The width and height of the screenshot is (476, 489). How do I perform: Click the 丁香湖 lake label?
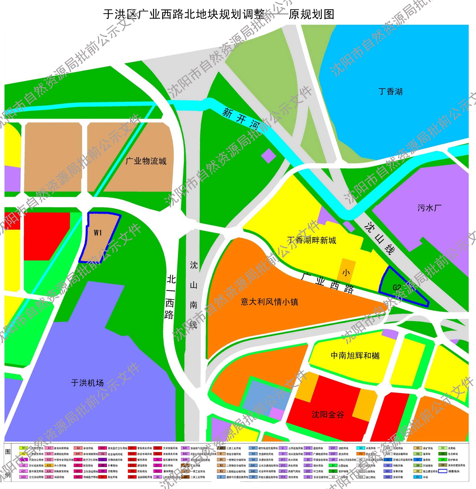[x=390, y=92]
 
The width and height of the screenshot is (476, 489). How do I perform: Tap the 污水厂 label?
[x=429, y=208]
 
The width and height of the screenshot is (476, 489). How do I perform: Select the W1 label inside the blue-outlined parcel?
[x=98, y=233]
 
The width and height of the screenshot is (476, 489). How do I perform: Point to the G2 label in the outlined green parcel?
[x=397, y=288]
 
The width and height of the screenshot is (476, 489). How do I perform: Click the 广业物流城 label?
[x=146, y=161]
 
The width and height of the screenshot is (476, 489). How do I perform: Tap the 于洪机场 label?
[x=87, y=383]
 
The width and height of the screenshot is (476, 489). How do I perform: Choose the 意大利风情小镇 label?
[x=269, y=302]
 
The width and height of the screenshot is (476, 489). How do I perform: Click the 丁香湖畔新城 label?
[x=312, y=240]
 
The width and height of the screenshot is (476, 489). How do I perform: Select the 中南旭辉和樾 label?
[x=355, y=355]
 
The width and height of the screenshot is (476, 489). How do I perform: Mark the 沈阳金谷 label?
[x=328, y=414]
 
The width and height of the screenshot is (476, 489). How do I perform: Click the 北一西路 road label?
[x=170, y=297]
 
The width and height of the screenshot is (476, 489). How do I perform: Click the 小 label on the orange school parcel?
[x=346, y=272]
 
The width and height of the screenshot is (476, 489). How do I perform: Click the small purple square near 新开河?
[x=269, y=156]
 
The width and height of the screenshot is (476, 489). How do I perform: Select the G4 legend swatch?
[x=361, y=448]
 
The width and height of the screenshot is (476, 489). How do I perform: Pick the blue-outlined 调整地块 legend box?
[x=442, y=471]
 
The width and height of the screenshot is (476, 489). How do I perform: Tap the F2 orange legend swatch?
[x=361, y=454]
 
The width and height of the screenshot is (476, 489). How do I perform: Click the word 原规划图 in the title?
[x=311, y=14]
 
